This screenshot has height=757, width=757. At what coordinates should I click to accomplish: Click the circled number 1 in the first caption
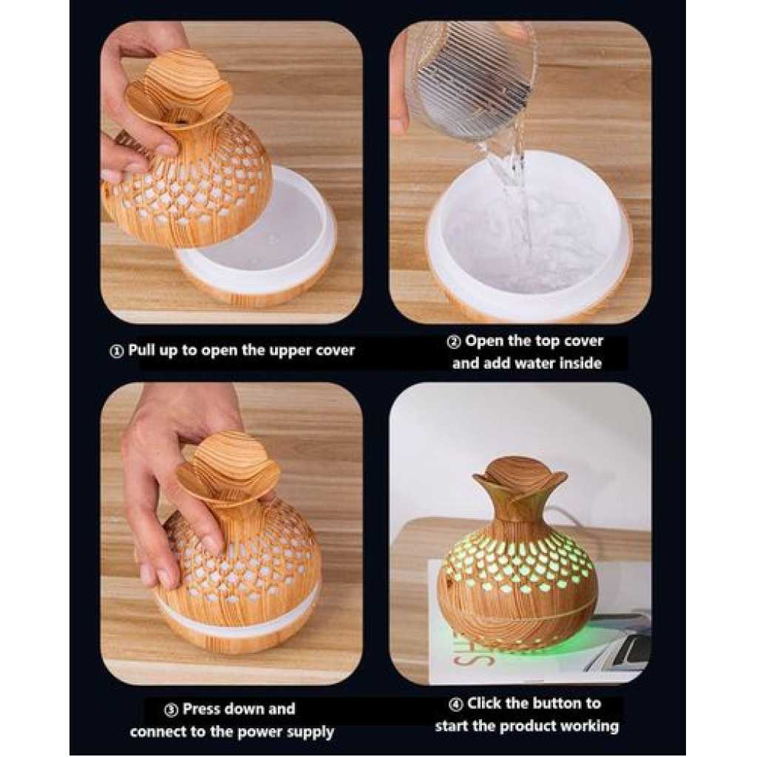click(116, 351)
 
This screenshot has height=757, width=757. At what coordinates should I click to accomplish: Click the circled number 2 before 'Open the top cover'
click(453, 342)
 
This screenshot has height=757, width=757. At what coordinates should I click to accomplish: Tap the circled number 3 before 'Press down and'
click(172, 710)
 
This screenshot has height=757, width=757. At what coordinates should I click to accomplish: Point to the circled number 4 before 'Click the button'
click(455, 705)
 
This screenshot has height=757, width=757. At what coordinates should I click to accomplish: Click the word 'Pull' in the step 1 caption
click(141, 350)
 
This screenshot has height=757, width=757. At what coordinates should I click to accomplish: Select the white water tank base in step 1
click(256, 237)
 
